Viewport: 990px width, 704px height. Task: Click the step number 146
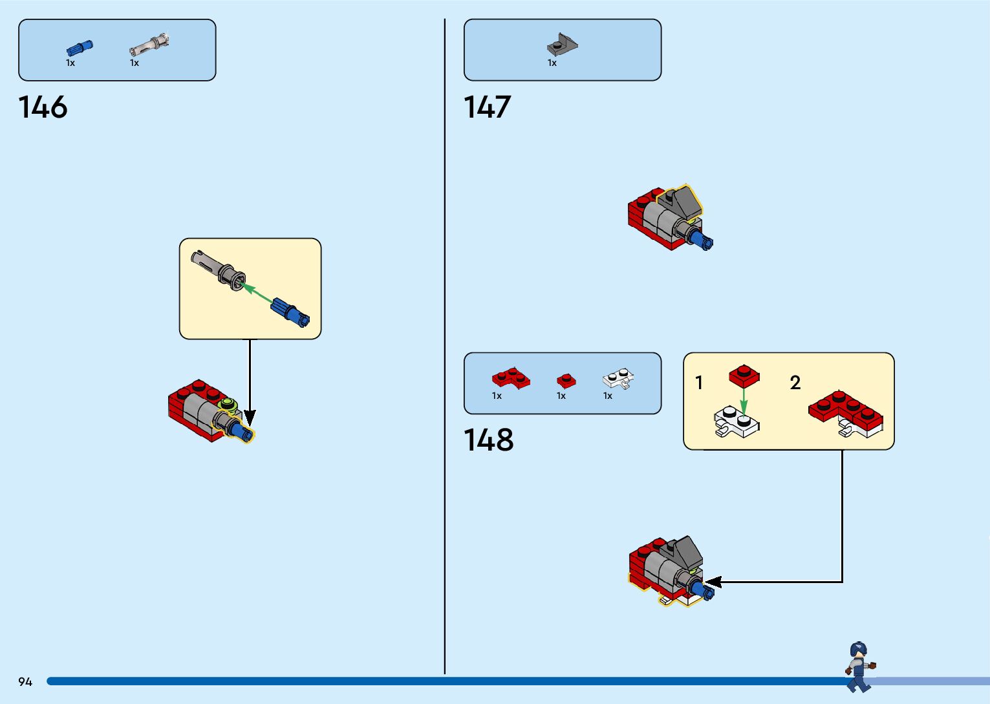coord(43,107)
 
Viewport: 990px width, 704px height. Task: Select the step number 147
coord(488,107)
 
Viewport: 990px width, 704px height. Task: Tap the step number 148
coord(489,440)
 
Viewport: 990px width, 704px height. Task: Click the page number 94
coord(25,682)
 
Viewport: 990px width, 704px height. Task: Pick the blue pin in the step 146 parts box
coord(80,48)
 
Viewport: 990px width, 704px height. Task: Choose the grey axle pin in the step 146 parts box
coord(150,45)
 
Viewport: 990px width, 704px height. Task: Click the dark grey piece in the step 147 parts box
coord(562,45)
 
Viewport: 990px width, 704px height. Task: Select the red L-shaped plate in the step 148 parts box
coord(511,378)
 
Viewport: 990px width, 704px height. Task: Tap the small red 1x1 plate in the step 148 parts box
coord(566,379)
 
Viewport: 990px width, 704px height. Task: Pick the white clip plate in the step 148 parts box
coord(618,378)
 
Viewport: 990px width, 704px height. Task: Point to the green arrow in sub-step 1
coord(744,400)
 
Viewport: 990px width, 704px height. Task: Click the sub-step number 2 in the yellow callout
coord(795,383)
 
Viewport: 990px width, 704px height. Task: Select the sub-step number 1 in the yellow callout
coord(699,383)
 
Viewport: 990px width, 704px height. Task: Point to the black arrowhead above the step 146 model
coord(250,418)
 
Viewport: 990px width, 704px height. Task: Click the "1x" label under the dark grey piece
coord(552,63)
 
